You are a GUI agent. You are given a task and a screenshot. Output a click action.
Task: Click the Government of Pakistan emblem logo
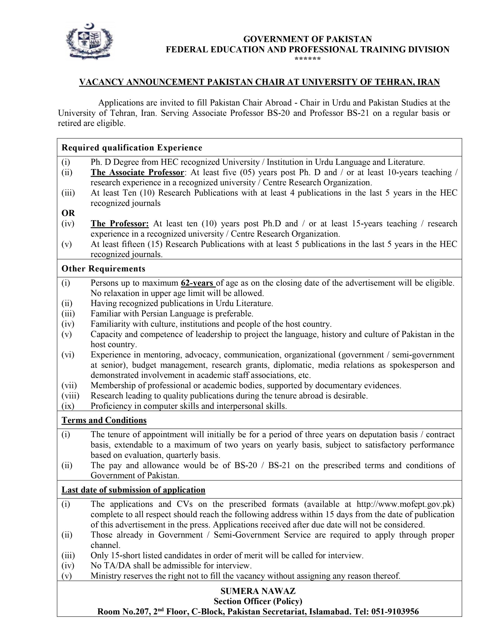click(89, 41)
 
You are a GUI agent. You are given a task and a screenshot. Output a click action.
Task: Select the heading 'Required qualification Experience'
click(132, 147)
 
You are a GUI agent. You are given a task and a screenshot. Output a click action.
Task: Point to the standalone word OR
click(68, 213)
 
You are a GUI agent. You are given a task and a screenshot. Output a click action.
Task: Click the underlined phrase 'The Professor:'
click(120, 224)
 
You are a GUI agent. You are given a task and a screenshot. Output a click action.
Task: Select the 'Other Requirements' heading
click(103, 269)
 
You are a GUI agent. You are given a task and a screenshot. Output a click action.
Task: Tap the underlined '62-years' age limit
click(198, 283)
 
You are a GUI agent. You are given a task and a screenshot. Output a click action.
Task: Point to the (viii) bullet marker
click(70, 396)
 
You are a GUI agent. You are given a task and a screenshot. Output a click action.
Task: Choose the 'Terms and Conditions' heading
click(104, 420)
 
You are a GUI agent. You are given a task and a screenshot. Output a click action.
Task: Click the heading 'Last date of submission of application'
click(133, 490)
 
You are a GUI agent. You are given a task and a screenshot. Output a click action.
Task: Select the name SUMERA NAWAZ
click(258, 591)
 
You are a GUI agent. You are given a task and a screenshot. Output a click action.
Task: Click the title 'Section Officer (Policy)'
click(258, 601)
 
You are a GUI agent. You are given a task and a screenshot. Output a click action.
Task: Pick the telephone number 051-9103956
click(395, 612)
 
